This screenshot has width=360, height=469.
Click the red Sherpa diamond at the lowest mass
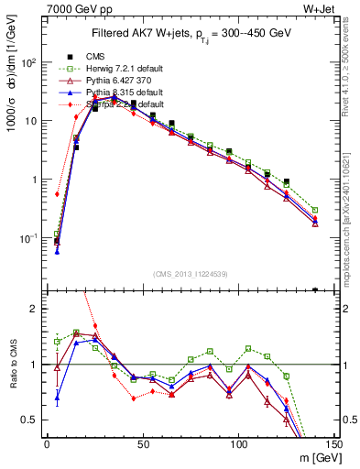click(57, 194)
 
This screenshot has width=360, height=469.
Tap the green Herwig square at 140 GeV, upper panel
click(315, 210)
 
